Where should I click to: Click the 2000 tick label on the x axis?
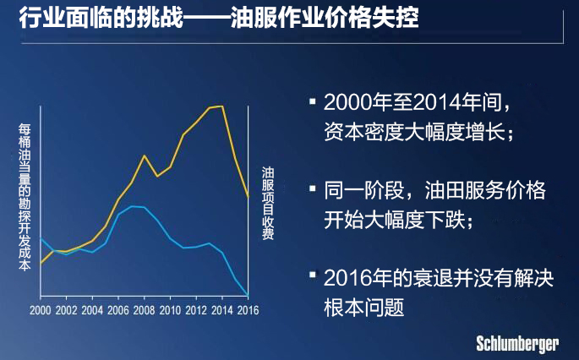tap(41, 310)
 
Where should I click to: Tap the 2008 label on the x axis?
tap(144, 310)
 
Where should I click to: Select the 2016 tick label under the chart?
tap(248, 310)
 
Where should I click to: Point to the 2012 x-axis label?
tap(196, 310)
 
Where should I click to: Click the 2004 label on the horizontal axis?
tap(92, 310)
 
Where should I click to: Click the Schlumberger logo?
tap(517, 345)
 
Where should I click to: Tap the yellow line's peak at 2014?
tap(222, 106)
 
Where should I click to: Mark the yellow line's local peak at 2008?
tap(144, 155)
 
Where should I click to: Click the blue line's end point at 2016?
tap(248, 296)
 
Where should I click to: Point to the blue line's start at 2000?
tap(41, 238)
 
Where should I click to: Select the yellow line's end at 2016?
tap(248, 196)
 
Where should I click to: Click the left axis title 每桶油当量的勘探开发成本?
tap(25, 198)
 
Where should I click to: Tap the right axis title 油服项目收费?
tap(268, 204)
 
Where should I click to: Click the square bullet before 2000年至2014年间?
tap(313, 101)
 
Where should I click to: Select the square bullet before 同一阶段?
tap(313, 188)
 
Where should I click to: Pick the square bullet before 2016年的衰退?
tap(313, 275)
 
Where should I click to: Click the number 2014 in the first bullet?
tap(437, 102)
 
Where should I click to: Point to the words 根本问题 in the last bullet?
tap(364, 308)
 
